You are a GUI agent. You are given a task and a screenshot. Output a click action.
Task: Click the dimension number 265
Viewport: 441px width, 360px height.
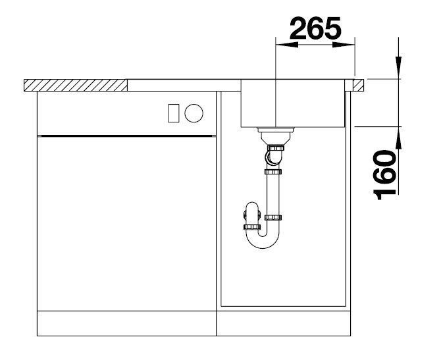click(x=315, y=29)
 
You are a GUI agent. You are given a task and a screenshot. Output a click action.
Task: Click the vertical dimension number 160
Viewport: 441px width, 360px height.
click(x=385, y=174)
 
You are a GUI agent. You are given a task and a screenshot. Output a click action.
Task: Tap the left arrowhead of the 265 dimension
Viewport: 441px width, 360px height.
click(x=282, y=45)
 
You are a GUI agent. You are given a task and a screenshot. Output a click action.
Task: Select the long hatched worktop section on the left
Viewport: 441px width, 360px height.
click(x=75, y=85)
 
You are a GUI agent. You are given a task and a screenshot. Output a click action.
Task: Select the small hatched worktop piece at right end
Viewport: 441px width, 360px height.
click(x=359, y=85)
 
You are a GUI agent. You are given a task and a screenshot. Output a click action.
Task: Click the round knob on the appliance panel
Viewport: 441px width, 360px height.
click(x=194, y=113)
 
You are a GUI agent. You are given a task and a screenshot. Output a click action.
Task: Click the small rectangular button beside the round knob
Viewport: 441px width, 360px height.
click(x=174, y=113)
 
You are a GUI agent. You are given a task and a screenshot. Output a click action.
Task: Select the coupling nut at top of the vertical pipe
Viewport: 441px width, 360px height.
click(x=272, y=172)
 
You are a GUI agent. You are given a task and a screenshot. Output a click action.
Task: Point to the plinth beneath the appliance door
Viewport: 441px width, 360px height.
click(x=127, y=323)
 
